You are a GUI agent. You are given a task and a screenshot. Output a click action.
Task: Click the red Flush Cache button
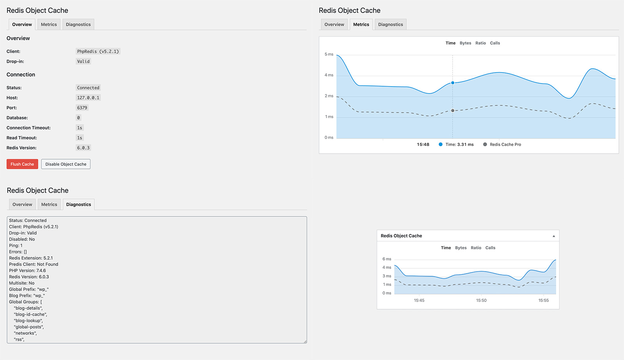pos(22,164)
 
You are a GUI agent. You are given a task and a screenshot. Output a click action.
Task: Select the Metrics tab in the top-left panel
pos(49,25)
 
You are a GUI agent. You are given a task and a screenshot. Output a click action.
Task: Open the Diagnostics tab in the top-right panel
pos(390,25)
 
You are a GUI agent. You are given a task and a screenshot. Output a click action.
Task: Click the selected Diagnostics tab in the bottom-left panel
pos(78,204)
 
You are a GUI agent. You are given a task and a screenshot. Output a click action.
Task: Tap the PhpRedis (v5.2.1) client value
pos(98,51)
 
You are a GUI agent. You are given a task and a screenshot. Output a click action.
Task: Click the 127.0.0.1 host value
pos(88,98)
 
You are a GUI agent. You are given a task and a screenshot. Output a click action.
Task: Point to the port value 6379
pos(82,108)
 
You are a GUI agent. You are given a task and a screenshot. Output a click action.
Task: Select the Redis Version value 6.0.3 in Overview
pos(83,148)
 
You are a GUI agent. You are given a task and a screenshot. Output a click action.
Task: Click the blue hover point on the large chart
pos(453,83)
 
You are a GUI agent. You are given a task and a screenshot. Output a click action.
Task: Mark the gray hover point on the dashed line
pos(453,111)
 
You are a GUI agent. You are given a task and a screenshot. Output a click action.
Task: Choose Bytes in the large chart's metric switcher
pos(465,43)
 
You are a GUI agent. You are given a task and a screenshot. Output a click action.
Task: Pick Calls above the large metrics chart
pos(495,43)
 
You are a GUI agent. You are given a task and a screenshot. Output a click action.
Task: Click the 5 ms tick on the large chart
pos(329,55)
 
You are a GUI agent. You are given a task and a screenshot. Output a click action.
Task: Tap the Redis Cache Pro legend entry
pos(505,145)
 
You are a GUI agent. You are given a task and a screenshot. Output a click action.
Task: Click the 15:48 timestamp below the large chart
pos(423,145)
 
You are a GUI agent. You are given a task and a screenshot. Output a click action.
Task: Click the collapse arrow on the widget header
pos(553,236)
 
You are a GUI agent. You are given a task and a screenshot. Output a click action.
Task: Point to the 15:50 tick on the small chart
pos(481,300)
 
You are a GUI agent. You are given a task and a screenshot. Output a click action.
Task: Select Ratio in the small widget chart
pos(476,248)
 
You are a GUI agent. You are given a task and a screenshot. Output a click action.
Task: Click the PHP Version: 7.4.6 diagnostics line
pos(27,271)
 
